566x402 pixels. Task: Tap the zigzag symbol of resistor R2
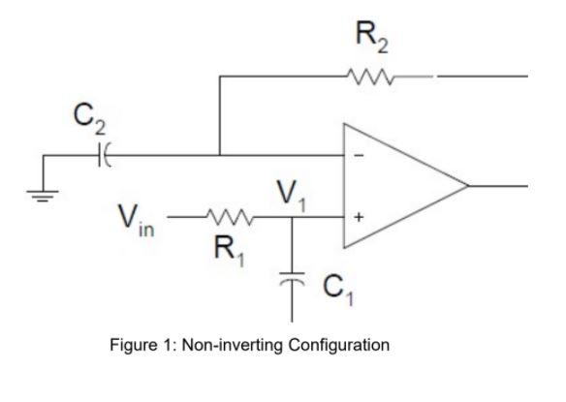(x=373, y=75)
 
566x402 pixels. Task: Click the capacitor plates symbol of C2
(x=104, y=154)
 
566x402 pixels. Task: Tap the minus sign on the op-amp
(x=358, y=155)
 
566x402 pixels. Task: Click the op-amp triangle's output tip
(x=468, y=185)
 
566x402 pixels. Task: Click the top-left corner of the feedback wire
(x=220, y=75)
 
